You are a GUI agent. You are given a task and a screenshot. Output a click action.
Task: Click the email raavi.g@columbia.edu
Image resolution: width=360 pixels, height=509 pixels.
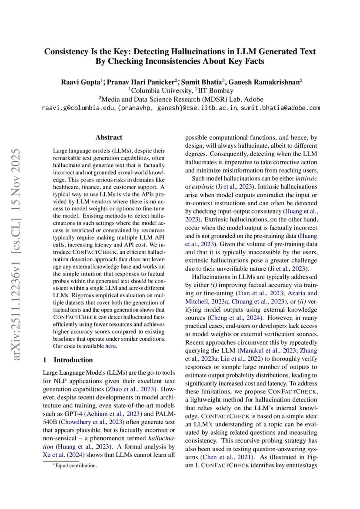[78, 108]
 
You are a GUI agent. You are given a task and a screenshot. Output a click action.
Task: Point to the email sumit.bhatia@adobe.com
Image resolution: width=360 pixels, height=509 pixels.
[280, 108]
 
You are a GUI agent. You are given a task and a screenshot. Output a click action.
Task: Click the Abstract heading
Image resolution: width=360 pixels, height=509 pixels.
[109, 137]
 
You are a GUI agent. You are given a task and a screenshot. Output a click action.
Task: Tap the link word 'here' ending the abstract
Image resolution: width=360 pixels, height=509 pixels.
[111, 346]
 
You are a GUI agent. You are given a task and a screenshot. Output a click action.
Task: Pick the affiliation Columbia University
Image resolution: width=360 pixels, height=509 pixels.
[162, 91]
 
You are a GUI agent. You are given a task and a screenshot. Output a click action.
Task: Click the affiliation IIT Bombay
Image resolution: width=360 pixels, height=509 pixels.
[216, 91]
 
